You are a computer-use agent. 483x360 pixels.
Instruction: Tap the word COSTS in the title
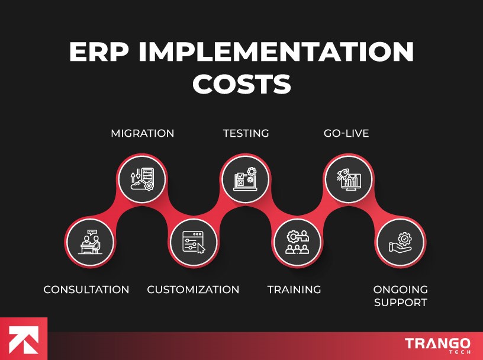click(x=241, y=84)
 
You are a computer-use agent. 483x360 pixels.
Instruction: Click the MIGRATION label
click(x=143, y=133)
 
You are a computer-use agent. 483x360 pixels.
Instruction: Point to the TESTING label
click(x=246, y=133)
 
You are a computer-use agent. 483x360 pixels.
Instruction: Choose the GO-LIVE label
click(x=346, y=133)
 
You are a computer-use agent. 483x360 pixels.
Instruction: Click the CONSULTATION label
click(x=86, y=290)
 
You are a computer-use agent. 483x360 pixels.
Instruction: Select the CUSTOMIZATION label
click(x=193, y=290)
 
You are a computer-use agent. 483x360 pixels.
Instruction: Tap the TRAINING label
click(x=294, y=290)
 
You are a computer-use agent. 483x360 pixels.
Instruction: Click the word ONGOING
click(x=400, y=290)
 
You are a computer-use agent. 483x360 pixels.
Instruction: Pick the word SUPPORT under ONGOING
click(x=400, y=303)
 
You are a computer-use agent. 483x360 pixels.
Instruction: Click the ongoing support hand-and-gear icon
click(x=401, y=243)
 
